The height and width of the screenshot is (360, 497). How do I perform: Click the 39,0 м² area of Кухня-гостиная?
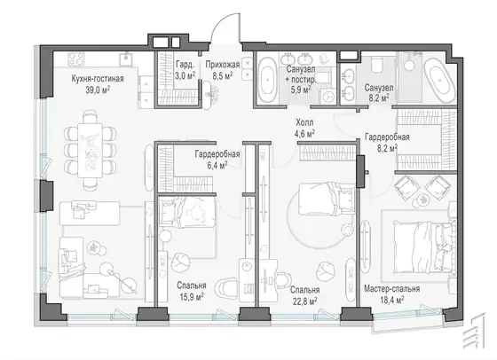(98, 90)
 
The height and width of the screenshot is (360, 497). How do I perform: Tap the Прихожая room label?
(223, 65)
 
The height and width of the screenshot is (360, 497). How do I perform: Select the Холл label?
(304, 122)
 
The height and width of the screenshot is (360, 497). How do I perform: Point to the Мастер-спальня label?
(391, 289)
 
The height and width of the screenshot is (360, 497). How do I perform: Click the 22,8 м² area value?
(304, 301)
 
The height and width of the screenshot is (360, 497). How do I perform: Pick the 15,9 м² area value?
(191, 297)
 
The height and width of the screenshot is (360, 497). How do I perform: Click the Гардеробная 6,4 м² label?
(217, 160)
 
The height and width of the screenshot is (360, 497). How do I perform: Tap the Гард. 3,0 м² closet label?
(185, 70)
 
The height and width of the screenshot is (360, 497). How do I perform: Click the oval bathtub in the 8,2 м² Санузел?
(439, 80)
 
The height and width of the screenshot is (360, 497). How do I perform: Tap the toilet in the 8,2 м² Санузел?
(377, 64)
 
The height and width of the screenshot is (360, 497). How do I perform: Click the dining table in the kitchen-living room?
(90, 151)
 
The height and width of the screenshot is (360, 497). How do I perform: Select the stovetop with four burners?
(76, 59)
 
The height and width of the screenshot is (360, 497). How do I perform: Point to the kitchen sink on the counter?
(126, 59)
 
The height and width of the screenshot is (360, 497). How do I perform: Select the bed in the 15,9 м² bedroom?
(187, 212)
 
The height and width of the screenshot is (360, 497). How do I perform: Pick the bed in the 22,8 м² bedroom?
(327, 199)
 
